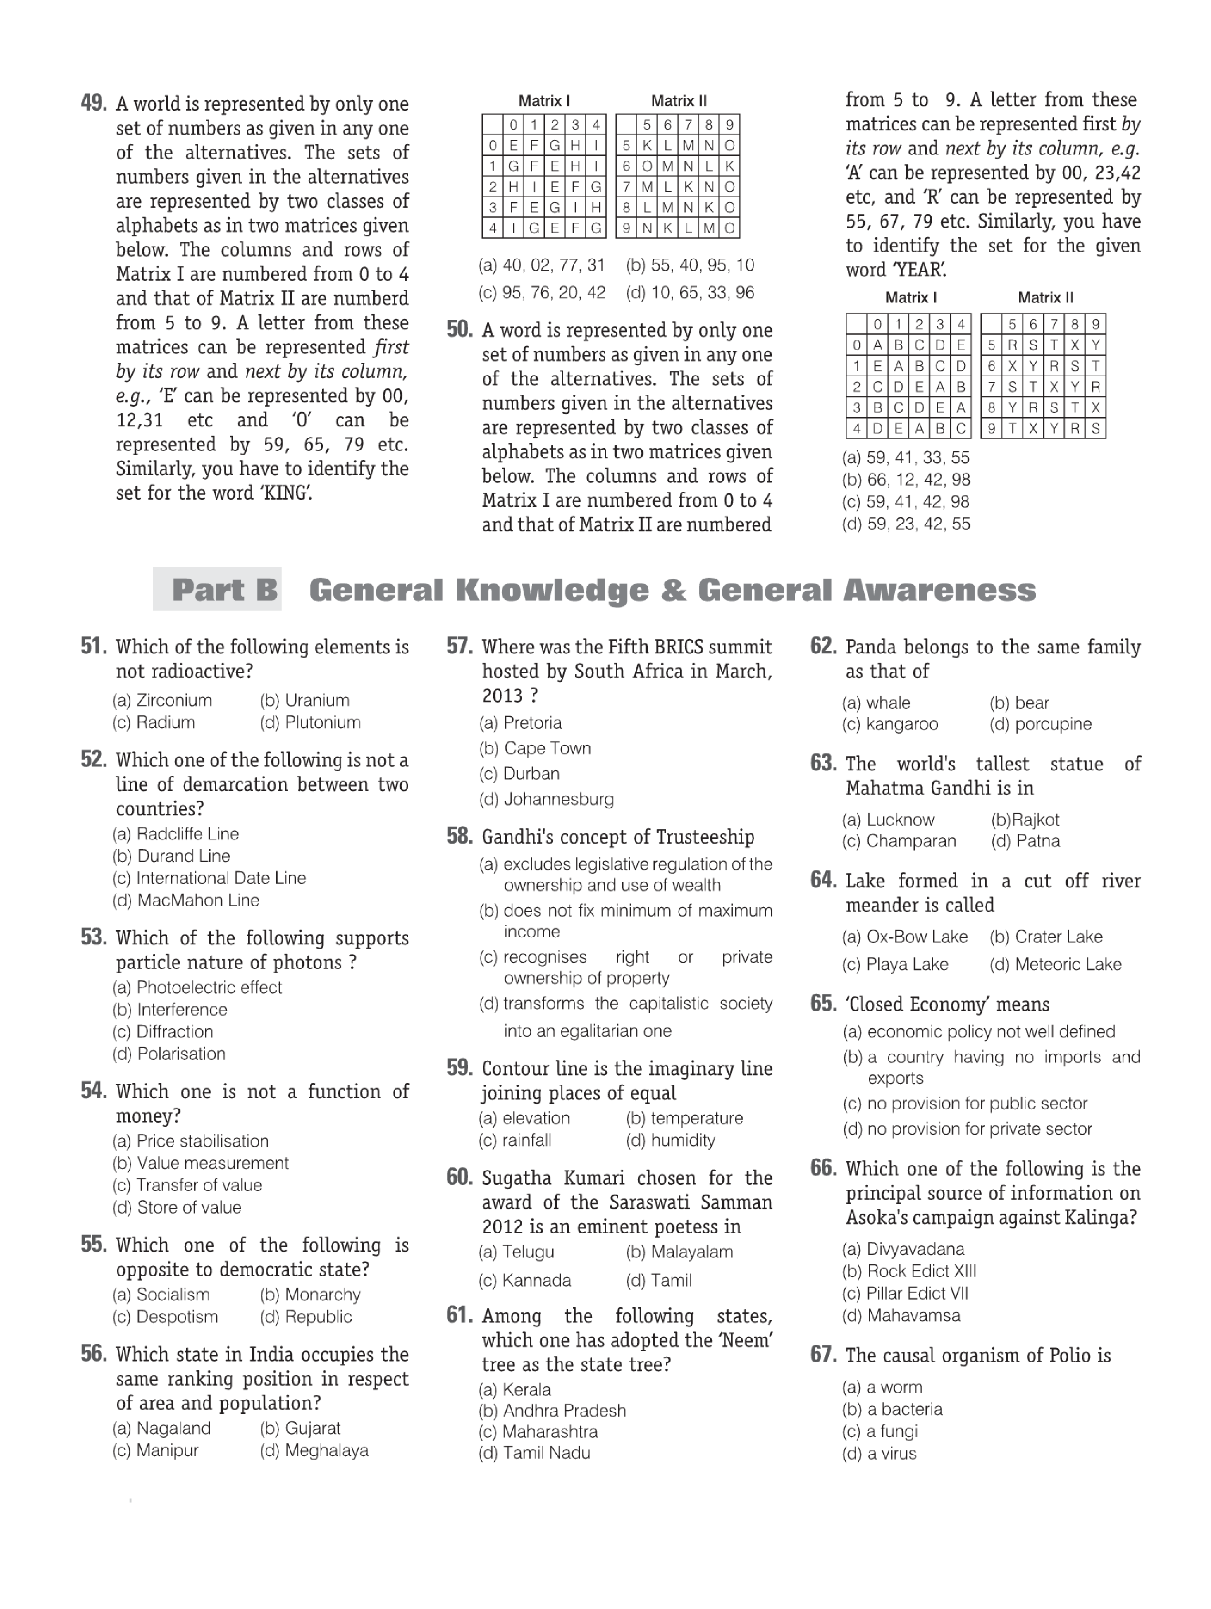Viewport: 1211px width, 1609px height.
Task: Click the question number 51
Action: point(93,646)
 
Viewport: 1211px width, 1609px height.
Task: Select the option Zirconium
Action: point(174,700)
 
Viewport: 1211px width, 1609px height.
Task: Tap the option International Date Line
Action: point(221,878)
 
